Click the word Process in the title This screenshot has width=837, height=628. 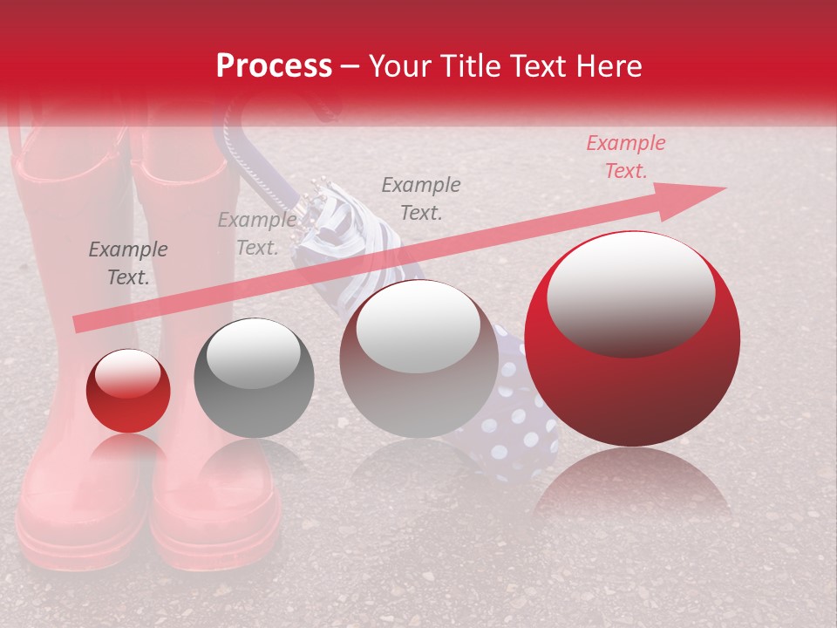click(274, 66)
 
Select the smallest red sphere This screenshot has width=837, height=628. click(128, 392)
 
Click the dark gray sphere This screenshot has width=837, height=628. click(253, 378)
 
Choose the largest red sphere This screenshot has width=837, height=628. click(632, 339)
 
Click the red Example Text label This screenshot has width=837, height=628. click(625, 157)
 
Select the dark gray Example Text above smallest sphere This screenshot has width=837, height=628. click(128, 263)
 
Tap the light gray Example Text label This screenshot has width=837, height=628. click(256, 234)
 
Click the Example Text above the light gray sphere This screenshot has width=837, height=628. click(421, 198)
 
